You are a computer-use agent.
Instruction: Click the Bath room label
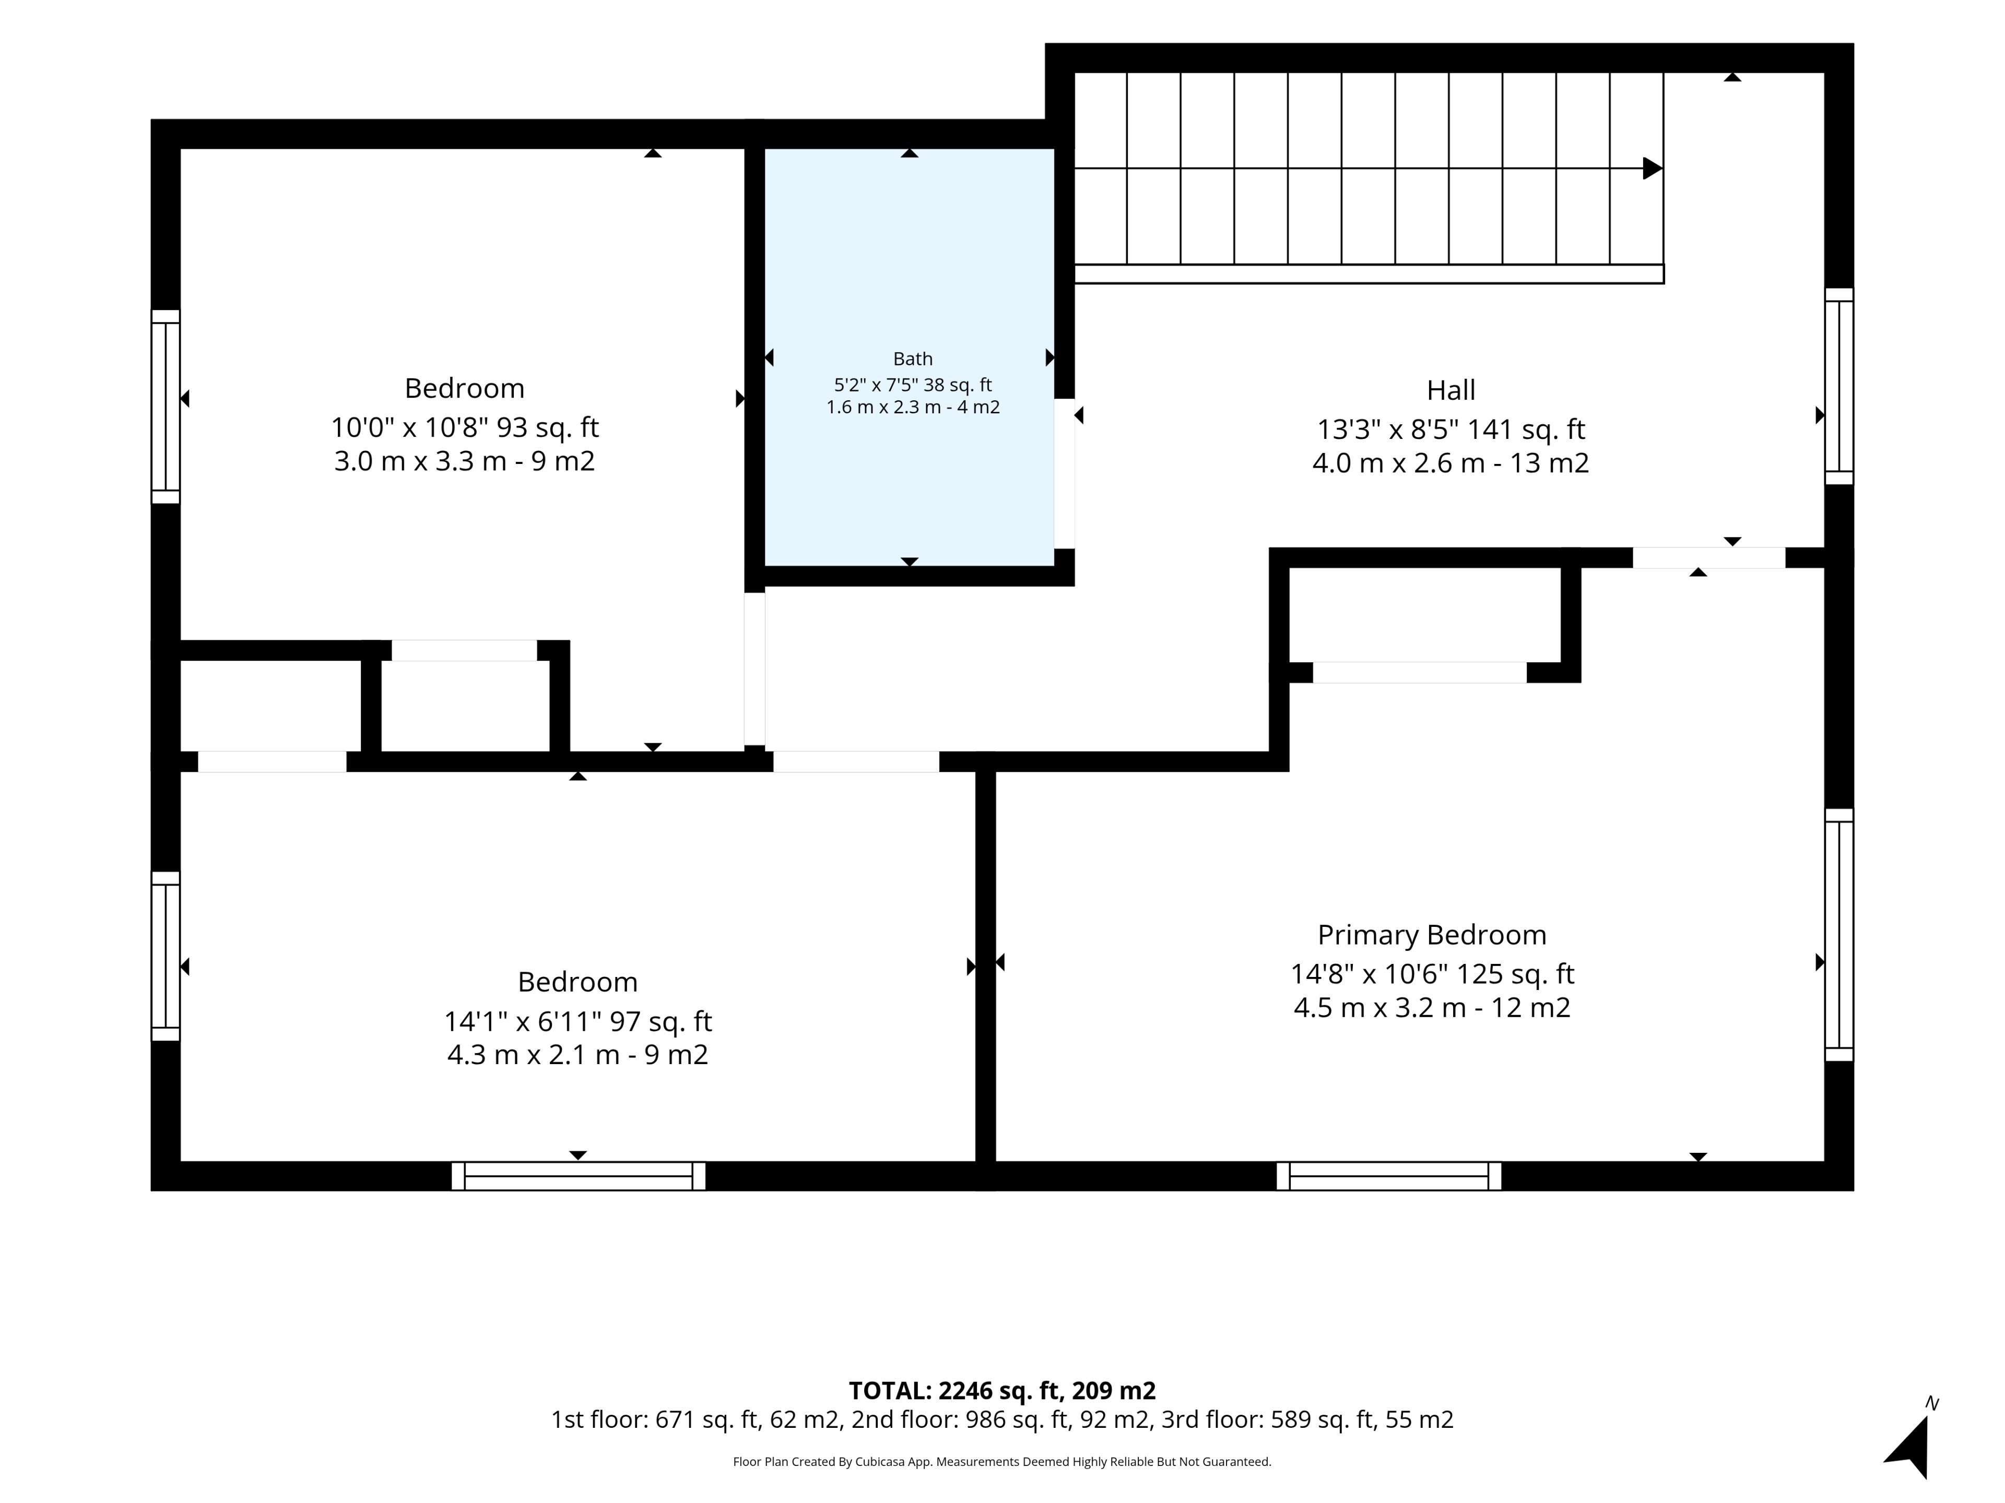(x=913, y=359)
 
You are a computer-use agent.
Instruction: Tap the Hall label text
(x=1450, y=390)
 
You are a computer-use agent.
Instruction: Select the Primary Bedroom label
(x=1432, y=935)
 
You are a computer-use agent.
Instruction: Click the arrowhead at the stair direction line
(x=1653, y=169)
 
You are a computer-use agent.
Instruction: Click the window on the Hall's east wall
(x=1838, y=386)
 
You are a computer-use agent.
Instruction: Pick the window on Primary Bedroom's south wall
(x=1389, y=1176)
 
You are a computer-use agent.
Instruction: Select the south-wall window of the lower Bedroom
(x=579, y=1176)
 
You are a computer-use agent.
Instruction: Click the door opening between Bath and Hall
(x=1064, y=474)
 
